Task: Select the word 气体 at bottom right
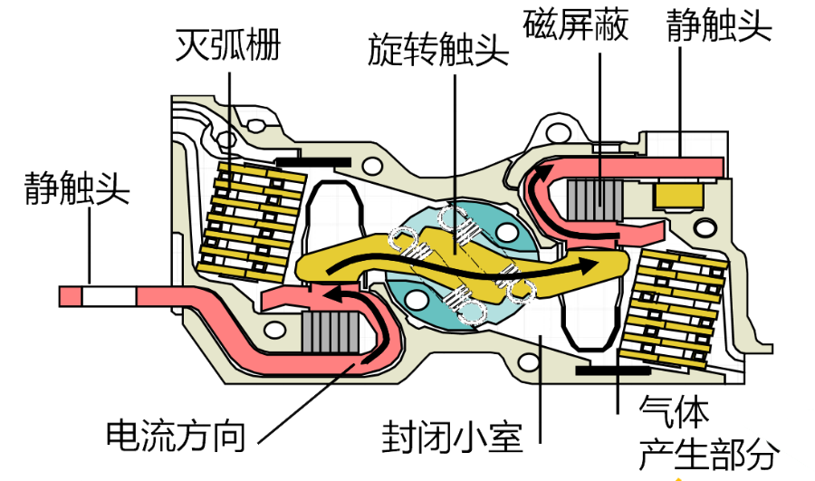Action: click(x=674, y=413)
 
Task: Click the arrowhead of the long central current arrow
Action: click(x=593, y=265)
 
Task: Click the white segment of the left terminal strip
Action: click(x=111, y=296)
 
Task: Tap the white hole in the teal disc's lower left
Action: click(x=417, y=300)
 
